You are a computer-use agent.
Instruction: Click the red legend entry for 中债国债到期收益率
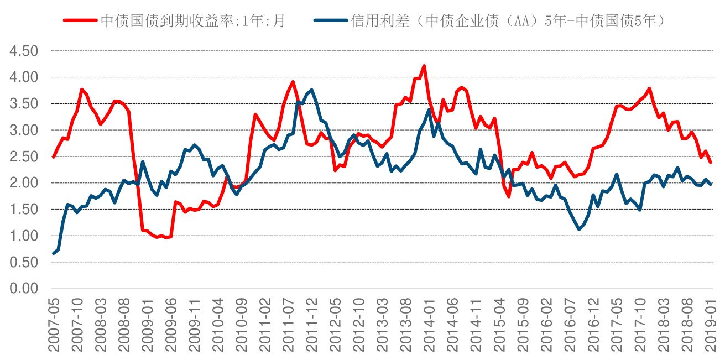tap(175, 21)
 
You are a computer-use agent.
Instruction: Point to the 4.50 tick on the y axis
tap(24, 51)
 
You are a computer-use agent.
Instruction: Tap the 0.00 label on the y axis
tap(24, 289)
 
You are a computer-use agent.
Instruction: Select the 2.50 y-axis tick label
tap(24, 156)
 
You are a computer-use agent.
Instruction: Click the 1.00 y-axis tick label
tap(24, 236)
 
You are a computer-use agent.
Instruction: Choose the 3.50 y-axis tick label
tap(24, 104)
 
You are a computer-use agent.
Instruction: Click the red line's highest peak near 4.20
tap(424, 66)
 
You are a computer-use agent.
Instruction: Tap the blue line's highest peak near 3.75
tap(312, 90)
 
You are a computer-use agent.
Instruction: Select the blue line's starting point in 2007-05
tap(54, 253)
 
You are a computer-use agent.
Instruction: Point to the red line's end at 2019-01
tap(711, 162)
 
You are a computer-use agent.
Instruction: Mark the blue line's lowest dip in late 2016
tap(580, 229)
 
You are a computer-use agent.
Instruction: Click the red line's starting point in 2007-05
tap(54, 157)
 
